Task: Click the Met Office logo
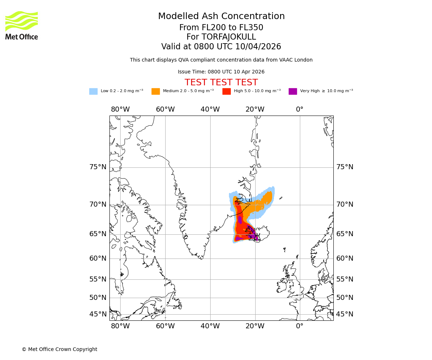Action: click(x=22, y=25)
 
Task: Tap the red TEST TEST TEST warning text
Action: click(x=221, y=82)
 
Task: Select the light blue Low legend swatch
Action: click(x=93, y=91)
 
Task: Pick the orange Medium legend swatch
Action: click(x=156, y=91)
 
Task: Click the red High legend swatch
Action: click(x=226, y=91)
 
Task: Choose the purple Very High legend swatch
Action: click(x=293, y=91)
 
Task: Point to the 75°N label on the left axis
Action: click(x=98, y=167)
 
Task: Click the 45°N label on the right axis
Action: click(x=345, y=314)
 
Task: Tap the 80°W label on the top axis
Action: click(x=120, y=109)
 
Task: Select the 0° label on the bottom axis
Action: click(x=300, y=326)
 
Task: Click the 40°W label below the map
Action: click(x=210, y=326)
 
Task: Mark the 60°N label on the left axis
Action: click(x=98, y=258)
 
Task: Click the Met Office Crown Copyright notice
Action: click(x=59, y=349)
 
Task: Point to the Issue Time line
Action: click(x=221, y=72)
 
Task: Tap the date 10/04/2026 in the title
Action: click(x=258, y=47)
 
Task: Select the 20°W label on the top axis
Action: click(x=255, y=109)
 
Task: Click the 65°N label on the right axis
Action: click(x=345, y=234)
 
